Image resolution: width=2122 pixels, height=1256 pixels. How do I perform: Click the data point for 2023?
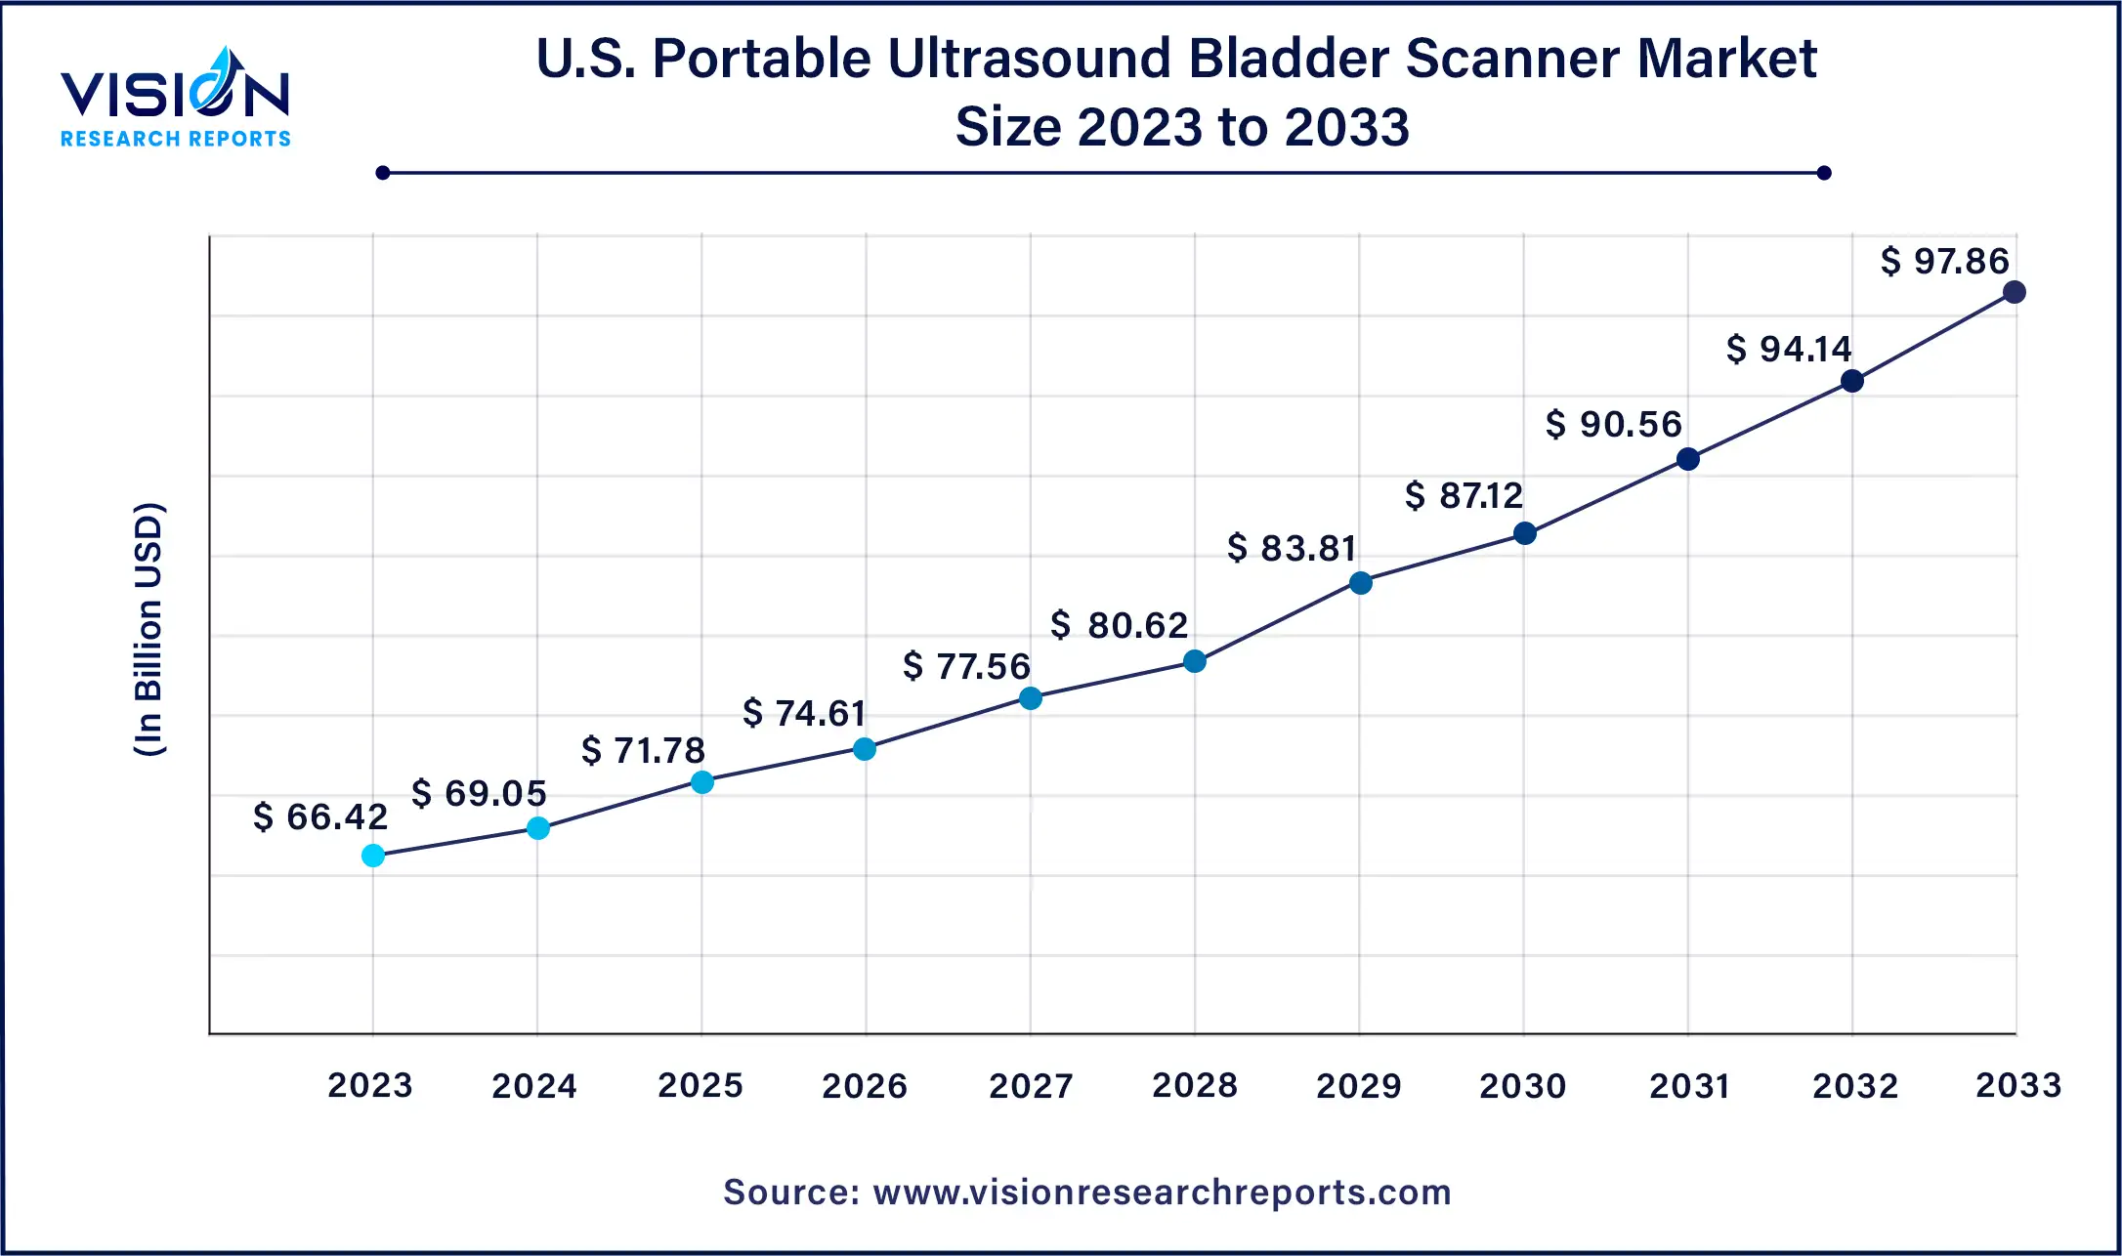point(373,856)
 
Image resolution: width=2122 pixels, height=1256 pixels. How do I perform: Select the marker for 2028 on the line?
point(1194,661)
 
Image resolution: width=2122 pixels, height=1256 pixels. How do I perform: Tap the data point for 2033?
point(2014,292)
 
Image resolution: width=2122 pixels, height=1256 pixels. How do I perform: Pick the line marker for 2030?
point(1524,533)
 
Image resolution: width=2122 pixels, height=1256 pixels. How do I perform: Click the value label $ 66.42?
point(320,816)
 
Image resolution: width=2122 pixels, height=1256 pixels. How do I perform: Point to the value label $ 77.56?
point(966,666)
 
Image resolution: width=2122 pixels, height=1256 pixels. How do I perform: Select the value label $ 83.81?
point(1292,548)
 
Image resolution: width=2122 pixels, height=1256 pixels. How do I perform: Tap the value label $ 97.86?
point(1944,261)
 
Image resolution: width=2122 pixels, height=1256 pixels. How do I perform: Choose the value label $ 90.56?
point(1613,424)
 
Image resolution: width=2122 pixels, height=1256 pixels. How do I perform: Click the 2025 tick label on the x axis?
point(700,1085)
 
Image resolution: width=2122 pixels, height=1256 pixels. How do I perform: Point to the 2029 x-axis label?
point(1358,1085)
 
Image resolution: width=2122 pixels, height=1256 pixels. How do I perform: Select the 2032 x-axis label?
point(1854,1085)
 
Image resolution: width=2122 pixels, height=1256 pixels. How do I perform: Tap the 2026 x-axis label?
point(864,1085)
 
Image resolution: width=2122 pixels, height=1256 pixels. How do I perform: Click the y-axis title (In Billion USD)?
point(149,629)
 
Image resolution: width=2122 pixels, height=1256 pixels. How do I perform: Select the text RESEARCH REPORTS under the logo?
point(176,139)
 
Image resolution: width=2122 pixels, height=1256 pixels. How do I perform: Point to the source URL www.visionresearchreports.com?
point(1162,1193)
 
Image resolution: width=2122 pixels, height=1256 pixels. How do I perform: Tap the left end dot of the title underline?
point(383,173)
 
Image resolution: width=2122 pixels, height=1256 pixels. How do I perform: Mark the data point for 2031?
point(1687,459)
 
